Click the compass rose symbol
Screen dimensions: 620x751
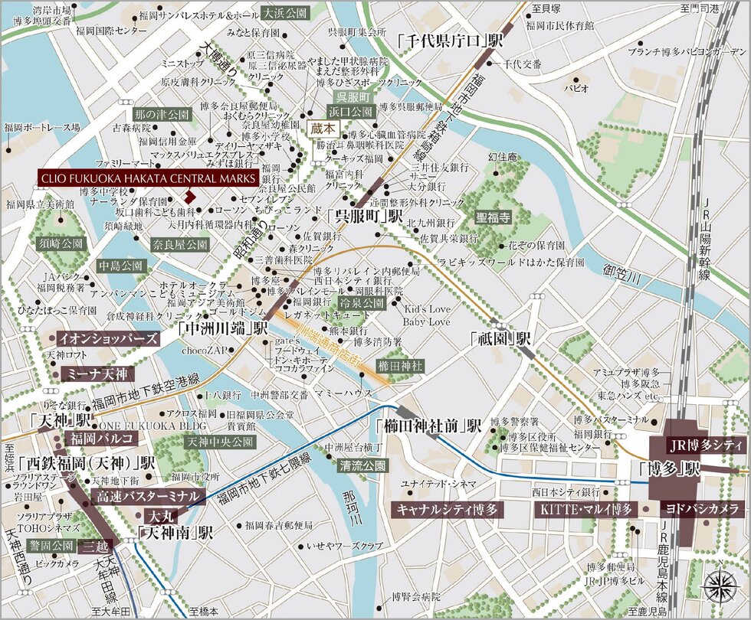pos(719,586)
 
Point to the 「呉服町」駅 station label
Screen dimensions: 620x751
pos(363,217)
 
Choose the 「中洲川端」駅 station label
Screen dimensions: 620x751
pos(222,328)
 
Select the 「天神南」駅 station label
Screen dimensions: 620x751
pos(175,534)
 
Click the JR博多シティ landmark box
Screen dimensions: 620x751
pos(707,445)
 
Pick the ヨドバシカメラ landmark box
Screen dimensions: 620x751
pos(703,509)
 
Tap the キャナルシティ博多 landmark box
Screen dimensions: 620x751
pos(447,509)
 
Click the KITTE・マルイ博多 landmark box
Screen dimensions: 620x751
pos(584,509)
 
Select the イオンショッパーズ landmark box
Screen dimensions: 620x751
pos(108,338)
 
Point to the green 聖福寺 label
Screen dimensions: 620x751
pos(493,217)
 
